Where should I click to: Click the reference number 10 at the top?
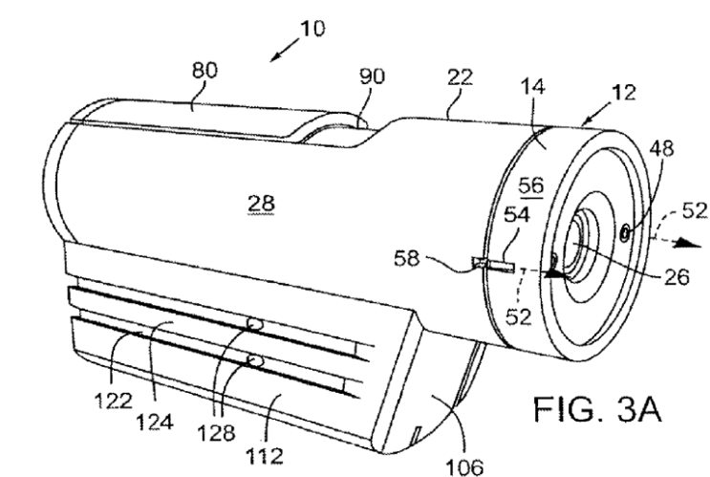(x=312, y=29)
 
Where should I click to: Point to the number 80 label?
(x=204, y=70)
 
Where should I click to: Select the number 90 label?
(x=372, y=76)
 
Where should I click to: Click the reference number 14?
(x=532, y=86)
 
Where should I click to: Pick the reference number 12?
(x=623, y=93)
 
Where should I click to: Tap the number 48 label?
(x=661, y=148)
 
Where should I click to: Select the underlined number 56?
(x=530, y=185)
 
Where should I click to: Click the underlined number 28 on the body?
(x=261, y=203)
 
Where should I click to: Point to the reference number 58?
(x=407, y=259)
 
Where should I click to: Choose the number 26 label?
(x=677, y=276)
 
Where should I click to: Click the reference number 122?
(x=114, y=401)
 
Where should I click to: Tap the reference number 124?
(x=155, y=423)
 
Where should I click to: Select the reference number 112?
(x=265, y=455)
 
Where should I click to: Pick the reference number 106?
(x=464, y=466)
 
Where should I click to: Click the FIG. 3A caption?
(x=597, y=409)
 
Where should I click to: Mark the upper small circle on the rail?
(x=254, y=324)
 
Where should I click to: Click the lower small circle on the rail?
(x=255, y=360)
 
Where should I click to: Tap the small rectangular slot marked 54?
(x=493, y=264)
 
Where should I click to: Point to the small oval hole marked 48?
(x=624, y=234)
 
